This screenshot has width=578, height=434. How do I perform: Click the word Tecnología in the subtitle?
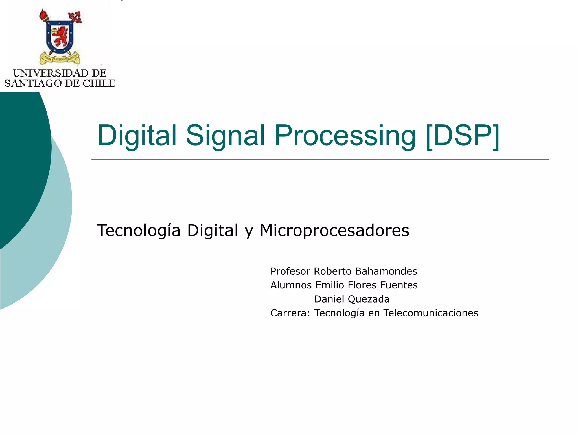click(x=139, y=230)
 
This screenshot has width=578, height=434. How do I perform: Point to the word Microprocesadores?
click(x=334, y=230)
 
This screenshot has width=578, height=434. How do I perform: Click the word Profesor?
click(x=290, y=271)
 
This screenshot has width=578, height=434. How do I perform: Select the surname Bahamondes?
click(x=386, y=271)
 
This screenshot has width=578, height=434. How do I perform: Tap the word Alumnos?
click(x=291, y=285)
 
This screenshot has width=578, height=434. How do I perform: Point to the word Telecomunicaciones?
click(x=431, y=313)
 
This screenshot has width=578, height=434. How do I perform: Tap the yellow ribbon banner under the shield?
click(x=60, y=58)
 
